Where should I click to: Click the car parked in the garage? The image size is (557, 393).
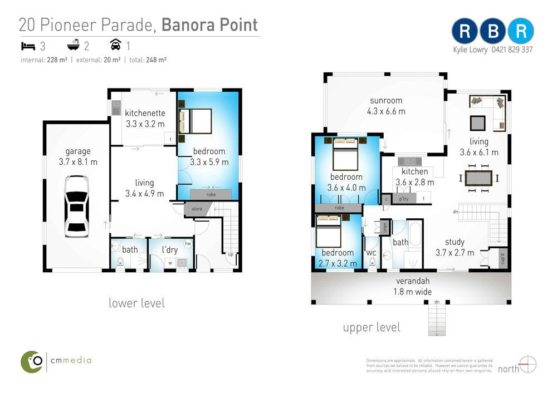click(76, 207)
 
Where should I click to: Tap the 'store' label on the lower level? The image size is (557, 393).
click(197, 209)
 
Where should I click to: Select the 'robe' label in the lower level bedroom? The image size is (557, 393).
click(211, 194)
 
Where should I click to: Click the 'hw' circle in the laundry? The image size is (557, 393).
click(188, 244)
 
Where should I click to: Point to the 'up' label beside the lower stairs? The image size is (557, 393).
click(231, 254)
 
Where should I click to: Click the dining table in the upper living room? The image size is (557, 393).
click(478, 178)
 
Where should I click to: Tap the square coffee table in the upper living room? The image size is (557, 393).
click(477, 123)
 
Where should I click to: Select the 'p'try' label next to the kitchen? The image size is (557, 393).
click(404, 199)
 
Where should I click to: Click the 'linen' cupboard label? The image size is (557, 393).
click(385, 228)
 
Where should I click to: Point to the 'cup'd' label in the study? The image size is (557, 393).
click(502, 259)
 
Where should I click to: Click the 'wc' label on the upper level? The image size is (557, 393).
click(371, 253)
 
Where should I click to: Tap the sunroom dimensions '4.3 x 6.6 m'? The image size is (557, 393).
click(386, 111)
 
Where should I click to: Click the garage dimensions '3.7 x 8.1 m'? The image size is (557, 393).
click(78, 162)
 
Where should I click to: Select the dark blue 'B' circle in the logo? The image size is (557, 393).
click(493, 31)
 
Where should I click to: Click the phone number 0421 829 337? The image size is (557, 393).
click(512, 50)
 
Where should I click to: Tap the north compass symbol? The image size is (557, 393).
click(527, 364)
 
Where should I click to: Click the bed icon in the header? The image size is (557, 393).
click(28, 46)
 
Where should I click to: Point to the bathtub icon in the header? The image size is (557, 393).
click(73, 45)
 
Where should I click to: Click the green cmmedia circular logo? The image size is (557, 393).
click(32, 362)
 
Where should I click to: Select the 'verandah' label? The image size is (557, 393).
click(413, 281)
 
